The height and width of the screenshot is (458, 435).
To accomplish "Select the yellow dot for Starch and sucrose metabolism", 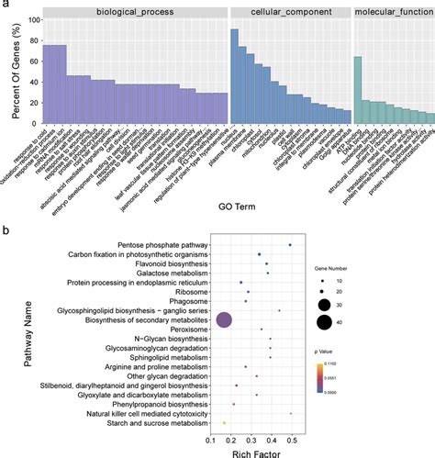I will (224, 423).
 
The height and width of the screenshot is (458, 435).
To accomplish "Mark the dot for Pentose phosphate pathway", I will (291, 244).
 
